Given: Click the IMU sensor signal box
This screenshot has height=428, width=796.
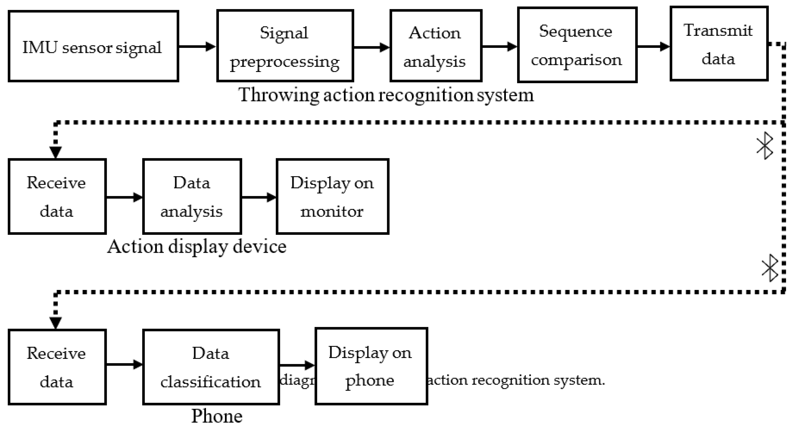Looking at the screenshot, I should (x=93, y=46).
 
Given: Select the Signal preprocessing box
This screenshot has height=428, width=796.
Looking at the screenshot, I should (x=285, y=46).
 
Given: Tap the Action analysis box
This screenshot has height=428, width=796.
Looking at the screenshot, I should (x=436, y=46).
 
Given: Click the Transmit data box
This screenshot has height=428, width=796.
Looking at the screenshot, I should (x=719, y=44).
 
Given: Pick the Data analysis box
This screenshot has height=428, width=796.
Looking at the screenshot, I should (x=192, y=197).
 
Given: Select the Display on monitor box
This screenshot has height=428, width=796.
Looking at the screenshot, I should (x=332, y=197).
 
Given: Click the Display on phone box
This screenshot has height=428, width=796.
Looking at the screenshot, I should (x=371, y=366).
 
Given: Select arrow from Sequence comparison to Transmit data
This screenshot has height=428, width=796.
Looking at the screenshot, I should (x=653, y=47).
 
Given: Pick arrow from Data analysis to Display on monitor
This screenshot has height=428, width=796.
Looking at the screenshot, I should (x=259, y=197).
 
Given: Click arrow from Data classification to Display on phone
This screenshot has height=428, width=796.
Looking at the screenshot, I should (x=297, y=365).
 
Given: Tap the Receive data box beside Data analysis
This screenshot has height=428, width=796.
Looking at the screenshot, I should (x=57, y=197).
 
